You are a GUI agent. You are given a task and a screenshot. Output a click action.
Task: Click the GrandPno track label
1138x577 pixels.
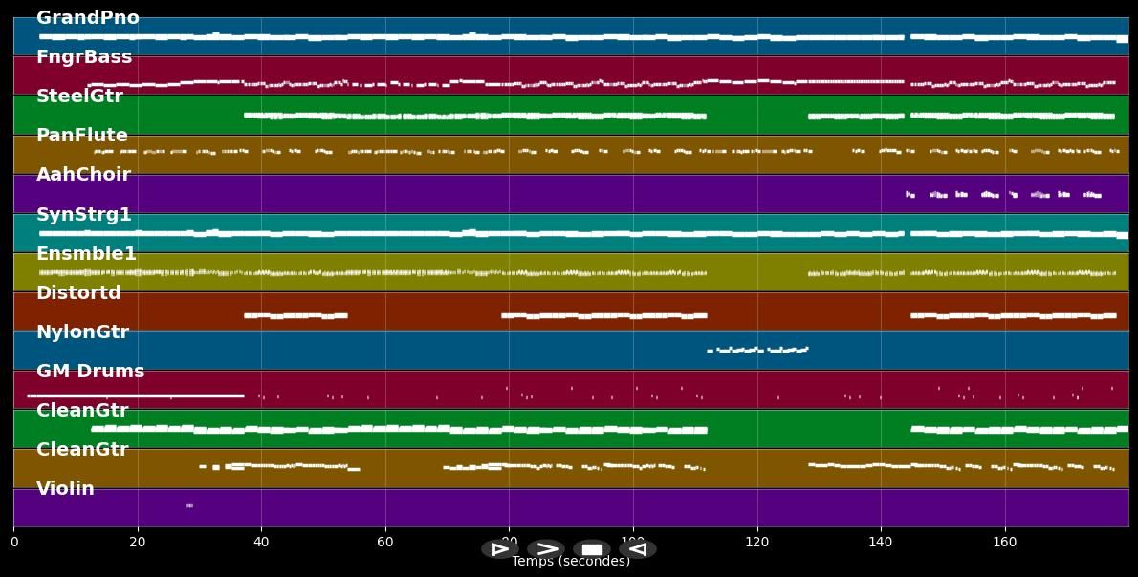[x=87, y=18]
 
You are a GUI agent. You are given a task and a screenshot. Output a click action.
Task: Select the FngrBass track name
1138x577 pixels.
[x=84, y=57]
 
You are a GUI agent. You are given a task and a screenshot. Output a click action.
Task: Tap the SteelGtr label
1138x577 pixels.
[x=79, y=96]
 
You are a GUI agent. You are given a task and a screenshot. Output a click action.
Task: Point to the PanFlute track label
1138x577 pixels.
[x=82, y=136]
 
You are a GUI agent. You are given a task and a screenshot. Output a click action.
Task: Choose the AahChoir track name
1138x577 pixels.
[x=83, y=175]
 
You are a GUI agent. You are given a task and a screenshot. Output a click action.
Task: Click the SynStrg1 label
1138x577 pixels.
[x=84, y=215]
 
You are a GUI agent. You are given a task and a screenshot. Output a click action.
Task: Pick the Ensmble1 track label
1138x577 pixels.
[x=86, y=254]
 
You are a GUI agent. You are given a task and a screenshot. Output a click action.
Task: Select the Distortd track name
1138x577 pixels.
[x=78, y=293]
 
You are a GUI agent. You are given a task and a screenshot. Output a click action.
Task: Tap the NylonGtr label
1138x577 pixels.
[x=82, y=332]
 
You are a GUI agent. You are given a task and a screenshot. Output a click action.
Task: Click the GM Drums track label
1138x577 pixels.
[x=90, y=372]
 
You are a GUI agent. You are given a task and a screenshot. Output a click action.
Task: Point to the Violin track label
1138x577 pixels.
[x=65, y=489]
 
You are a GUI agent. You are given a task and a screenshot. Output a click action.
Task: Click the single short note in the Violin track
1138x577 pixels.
[x=189, y=505]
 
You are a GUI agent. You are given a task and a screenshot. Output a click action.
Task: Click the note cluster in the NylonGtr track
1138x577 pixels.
[x=758, y=350]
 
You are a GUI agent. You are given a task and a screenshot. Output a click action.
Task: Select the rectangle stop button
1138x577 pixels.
[x=592, y=549]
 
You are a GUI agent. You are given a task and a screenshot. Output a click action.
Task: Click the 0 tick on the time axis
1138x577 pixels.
[x=13, y=543]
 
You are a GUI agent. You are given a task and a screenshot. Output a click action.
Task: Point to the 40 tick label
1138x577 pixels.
[x=261, y=543]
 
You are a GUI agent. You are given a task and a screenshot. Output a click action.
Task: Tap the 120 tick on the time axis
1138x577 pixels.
[x=756, y=543]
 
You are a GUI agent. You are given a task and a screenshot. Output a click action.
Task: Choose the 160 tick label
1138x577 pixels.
[x=1004, y=543]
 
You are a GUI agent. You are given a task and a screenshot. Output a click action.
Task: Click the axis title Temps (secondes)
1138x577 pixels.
[x=571, y=562]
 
